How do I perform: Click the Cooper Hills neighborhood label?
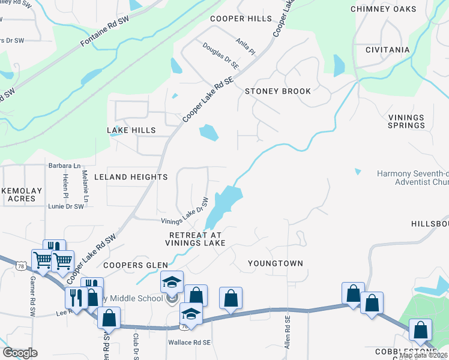pyautogui.click(x=241, y=19)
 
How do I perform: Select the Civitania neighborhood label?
pyautogui.click(x=388, y=50)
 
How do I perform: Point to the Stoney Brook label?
pyautogui.click(x=278, y=91)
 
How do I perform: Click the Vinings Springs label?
pyautogui.click(x=406, y=122)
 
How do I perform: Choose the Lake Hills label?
pyautogui.click(x=131, y=130)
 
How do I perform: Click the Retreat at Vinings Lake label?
pyautogui.click(x=197, y=239)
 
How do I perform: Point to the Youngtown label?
pyautogui.click(x=276, y=263)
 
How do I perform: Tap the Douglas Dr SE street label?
pyautogui.click(x=220, y=55)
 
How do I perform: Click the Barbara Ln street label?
pyautogui.click(x=64, y=166)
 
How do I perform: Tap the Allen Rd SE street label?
pyautogui.click(x=288, y=333)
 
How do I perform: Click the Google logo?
pyautogui.click(x=19, y=353)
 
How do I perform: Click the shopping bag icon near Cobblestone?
pyautogui.click(x=420, y=329)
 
